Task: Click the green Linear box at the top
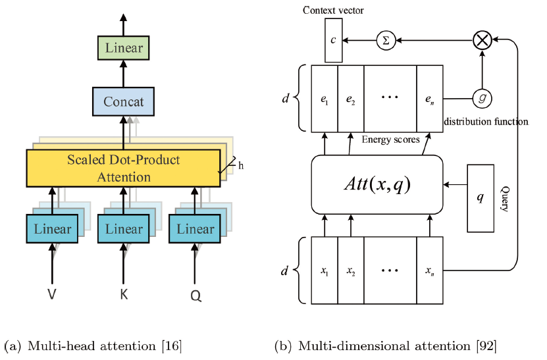tap(124, 48)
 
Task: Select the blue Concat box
tap(124, 102)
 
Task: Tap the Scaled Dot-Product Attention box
tap(124, 168)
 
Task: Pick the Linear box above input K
tap(124, 229)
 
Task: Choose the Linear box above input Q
tap(195, 229)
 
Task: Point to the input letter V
tap(51, 295)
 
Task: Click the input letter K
tap(124, 295)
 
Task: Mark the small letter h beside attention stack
tap(241, 165)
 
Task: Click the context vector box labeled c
tap(334, 41)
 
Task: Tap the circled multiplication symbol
tap(482, 41)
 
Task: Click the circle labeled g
tap(482, 97)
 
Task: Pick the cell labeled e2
tap(350, 98)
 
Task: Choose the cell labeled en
tap(429, 98)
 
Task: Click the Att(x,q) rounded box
tap(377, 185)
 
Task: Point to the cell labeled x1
tap(324, 270)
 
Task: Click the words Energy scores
tap(391, 140)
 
